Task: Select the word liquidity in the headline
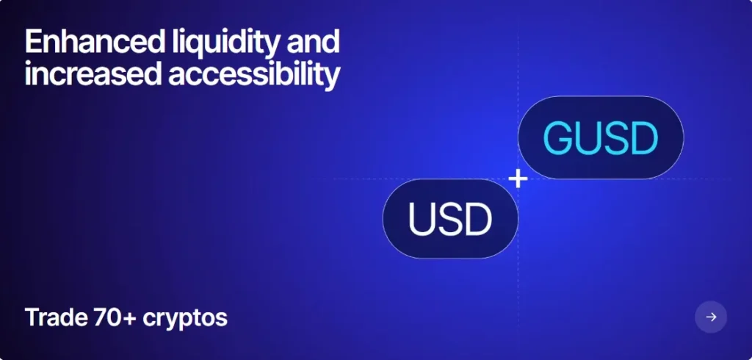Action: pos(225,43)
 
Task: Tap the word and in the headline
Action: pos(313,41)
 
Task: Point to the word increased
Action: pos(93,74)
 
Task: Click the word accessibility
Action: pos(254,76)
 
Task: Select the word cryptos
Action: pos(185,319)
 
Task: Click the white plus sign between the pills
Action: pos(518,179)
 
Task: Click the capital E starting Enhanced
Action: pos(34,41)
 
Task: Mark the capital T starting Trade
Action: pos(32,317)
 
